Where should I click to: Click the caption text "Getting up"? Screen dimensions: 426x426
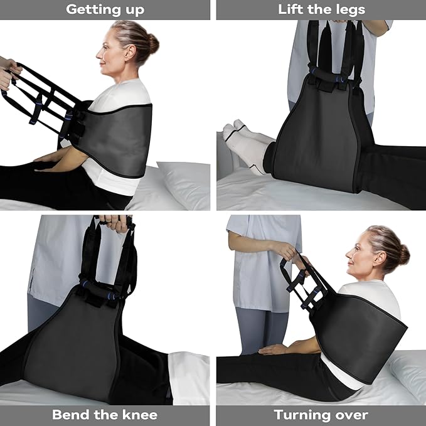105,9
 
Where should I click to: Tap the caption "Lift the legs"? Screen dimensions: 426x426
321,9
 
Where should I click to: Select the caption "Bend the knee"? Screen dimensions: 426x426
105,415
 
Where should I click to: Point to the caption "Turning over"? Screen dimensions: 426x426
321,415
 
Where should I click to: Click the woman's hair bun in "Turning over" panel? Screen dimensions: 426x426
403,253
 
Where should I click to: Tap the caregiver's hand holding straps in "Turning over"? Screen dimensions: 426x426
290,252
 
